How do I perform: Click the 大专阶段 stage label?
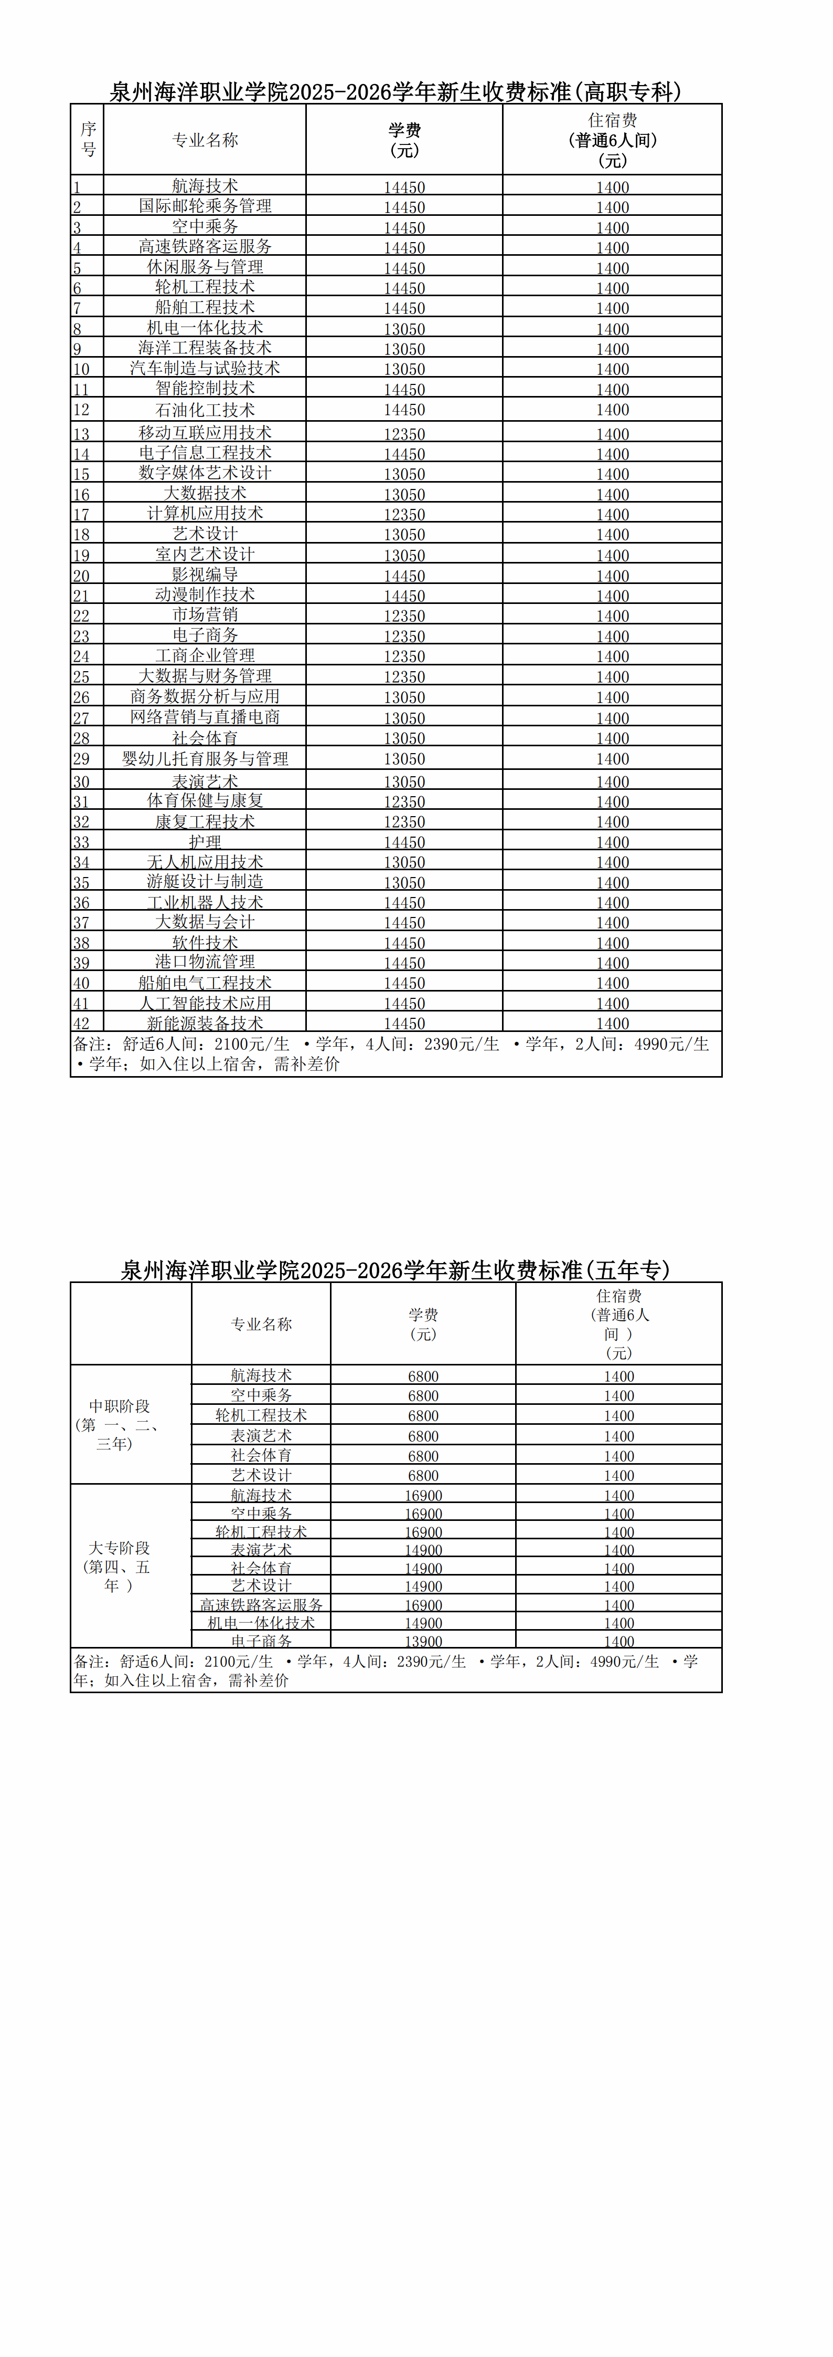pos(119,1567)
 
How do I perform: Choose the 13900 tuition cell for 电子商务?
pos(423,1642)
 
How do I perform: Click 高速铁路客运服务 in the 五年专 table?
pos(262,1605)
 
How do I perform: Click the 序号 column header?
pos(88,139)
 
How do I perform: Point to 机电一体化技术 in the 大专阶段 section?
pos(262,1623)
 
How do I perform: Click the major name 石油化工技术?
pos(205,410)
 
